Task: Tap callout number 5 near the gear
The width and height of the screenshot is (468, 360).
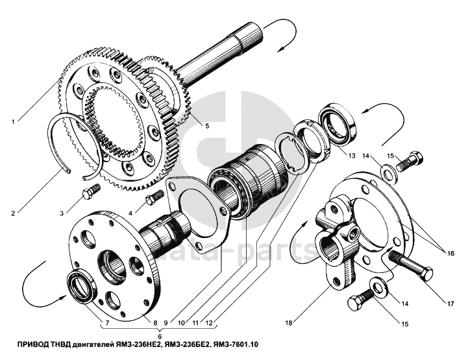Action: (206, 125)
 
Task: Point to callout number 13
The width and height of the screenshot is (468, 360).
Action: (351, 156)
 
